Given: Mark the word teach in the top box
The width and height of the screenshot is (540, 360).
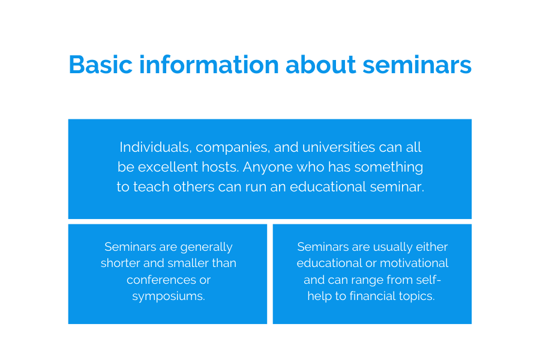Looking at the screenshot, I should [151, 187].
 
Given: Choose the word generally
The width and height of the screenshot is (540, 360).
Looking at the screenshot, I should [205, 247].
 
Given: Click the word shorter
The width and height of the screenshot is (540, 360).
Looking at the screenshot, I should [122, 263].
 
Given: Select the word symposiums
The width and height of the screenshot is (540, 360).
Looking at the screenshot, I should [168, 296].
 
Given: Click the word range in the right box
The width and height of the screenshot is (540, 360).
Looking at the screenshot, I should [370, 280].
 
